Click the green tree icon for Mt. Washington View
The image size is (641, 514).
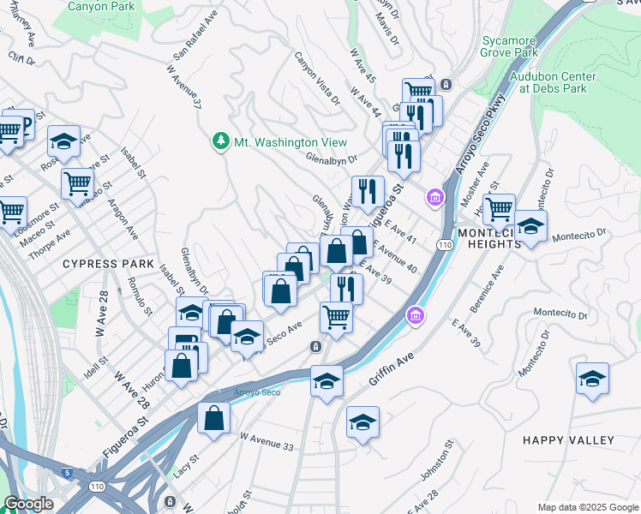pyautogui.click(x=221, y=141)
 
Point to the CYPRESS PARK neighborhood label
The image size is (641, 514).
pyautogui.click(x=108, y=265)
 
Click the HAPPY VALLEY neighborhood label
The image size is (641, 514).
pyautogui.click(x=568, y=440)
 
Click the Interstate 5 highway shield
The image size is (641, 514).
pyautogui.click(x=67, y=472)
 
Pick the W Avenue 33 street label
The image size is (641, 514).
pyautogui.click(x=267, y=441)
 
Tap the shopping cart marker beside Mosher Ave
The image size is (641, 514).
pyautogui.click(x=499, y=208)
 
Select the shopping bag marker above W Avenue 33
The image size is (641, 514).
pyautogui.click(x=214, y=419)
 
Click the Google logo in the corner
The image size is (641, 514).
pyautogui.click(x=28, y=505)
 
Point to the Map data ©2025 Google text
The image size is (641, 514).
pyautogui.click(x=587, y=507)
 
